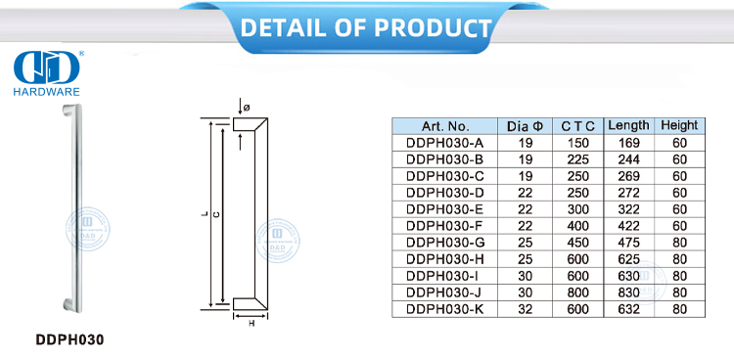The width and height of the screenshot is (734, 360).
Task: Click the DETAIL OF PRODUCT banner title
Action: click(365, 26)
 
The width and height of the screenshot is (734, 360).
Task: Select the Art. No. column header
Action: click(445, 126)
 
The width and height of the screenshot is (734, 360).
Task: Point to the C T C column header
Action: click(578, 126)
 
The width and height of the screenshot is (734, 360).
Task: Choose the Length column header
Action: click(628, 125)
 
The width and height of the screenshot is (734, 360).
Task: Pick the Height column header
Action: click(678, 125)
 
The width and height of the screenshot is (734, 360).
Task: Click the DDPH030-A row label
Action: click(444, 142)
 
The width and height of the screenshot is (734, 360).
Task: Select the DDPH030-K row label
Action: click(444, 308)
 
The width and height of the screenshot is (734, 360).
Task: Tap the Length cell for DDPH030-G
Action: click(628, 242)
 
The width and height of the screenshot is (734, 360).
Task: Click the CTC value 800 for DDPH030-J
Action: click(578, 292)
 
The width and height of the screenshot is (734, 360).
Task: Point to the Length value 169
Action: click(628, 142)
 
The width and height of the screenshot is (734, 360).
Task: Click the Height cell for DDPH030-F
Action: click(678, 225)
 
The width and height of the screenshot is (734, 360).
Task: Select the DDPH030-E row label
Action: click(444, 208)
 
